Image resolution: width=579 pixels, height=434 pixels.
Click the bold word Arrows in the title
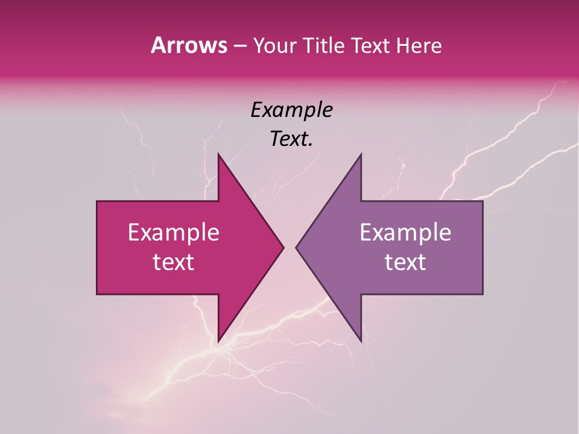tap(188, 45)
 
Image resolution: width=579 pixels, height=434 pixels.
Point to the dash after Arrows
tap(239, 46)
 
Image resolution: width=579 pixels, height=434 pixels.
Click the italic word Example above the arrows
tap(291, 110)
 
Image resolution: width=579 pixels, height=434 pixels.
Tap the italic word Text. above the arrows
tap(291, 139)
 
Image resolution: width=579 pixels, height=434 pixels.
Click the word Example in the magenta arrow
tap(174, 233)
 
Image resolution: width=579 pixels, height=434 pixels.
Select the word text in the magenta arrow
tap(174, 262)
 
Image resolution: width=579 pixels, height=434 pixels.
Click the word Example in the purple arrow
tap(405, 233)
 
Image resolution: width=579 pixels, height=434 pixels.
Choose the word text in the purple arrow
tap(405, 262)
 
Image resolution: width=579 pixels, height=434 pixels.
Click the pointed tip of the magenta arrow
tap(283, 247)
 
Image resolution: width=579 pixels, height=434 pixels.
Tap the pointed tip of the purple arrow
tap(296, 247)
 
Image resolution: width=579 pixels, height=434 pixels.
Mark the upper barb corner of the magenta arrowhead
tap(218, 154)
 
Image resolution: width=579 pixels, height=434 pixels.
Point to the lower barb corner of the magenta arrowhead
tap(218, 341)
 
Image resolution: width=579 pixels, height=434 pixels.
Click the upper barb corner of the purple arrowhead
tap(361, 154)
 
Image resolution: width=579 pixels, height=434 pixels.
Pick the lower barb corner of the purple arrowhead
tap(361, 341)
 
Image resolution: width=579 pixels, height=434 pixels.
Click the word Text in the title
tap(370, 46)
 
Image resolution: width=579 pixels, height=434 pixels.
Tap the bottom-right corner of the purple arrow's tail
tap(482, 294)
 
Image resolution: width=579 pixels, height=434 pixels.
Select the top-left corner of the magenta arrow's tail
tap(97, 201)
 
